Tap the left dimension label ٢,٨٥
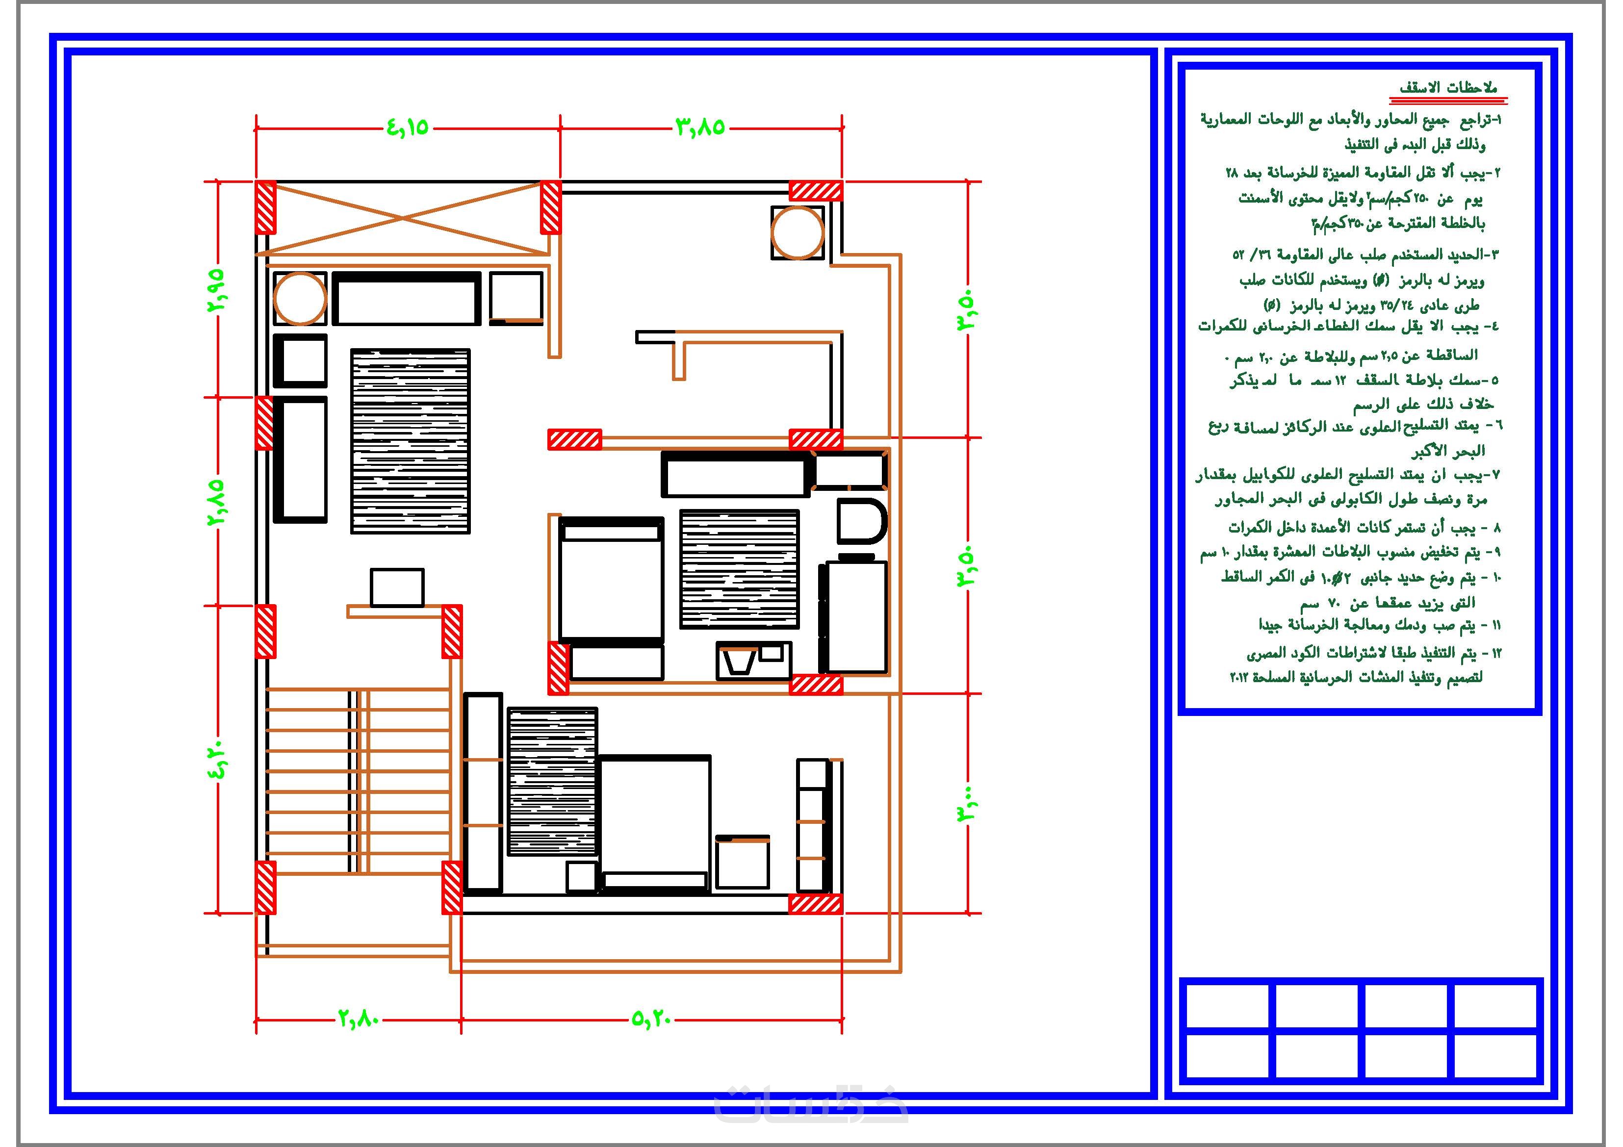[216, 501]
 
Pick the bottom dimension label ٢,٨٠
[359, 1019]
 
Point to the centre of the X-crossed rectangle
[403, 218]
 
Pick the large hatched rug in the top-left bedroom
[411, 441]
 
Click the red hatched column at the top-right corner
[816, 191]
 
